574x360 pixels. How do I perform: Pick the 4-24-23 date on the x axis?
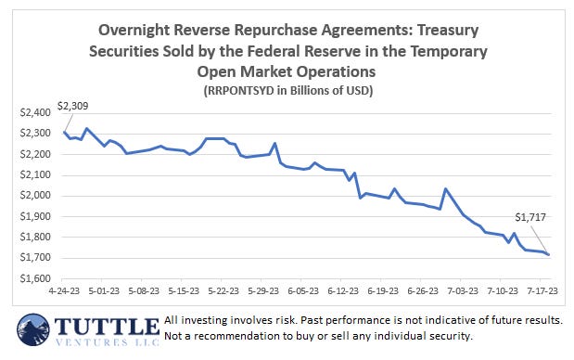click(x=64, y=289)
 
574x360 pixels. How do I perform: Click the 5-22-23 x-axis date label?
click(x=223, y=289)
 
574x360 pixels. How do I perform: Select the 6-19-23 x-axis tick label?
click(x=383, y=289)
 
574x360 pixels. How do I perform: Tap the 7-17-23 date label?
click(x=542, y=289)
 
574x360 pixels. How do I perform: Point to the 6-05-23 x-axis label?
click(x=303, y=289)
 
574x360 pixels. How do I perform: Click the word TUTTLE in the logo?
click(x=106, y=327)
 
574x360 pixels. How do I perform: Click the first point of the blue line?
click(x=64, y=132)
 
